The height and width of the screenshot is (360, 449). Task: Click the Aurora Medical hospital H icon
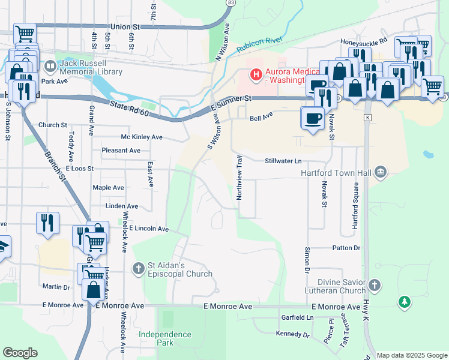[256, 75]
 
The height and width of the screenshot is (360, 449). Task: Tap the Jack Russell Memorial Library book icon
[50, 65]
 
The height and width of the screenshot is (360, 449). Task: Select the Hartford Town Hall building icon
[379, 173]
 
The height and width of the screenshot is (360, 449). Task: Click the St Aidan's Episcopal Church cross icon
[139, 268]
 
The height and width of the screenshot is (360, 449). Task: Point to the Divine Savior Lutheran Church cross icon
[375, 284]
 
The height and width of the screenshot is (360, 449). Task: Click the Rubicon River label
[259, 44]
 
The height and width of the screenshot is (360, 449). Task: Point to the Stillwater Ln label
[283, 161]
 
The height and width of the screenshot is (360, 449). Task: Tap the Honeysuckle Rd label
[364, 43]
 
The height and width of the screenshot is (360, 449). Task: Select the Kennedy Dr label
[292, 334]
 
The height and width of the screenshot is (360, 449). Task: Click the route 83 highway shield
[231, 3]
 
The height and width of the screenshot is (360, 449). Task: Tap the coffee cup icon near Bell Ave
[313, 118]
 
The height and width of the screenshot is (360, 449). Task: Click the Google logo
[20, 353]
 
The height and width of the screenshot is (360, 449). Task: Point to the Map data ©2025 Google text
[412, 355]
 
